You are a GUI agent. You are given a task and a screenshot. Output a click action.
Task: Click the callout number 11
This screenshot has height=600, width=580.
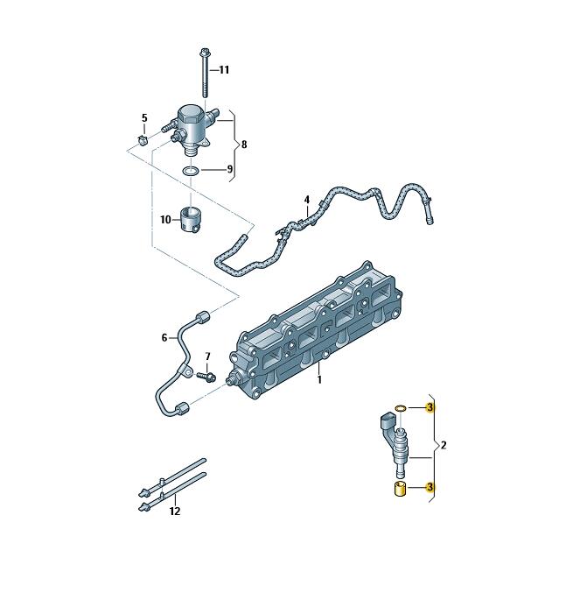click(x=224, y=70)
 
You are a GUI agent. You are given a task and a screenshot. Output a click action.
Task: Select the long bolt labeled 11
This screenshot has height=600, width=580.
click(x=204, y=73)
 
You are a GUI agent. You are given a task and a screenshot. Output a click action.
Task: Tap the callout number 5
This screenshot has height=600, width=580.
click(x=144, y=118)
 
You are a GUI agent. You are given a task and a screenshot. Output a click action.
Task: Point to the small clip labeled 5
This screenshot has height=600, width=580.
click(x=143, y=140)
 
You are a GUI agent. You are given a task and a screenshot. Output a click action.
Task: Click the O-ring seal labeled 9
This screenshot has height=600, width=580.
click(x=190, y=171)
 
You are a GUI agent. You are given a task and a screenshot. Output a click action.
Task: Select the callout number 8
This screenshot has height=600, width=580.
click(x=244, y=145)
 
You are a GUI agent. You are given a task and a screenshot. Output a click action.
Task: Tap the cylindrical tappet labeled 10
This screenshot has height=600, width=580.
click(x=191, y=220)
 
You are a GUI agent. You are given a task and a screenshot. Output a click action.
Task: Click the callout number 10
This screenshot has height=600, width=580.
click(x=165, y=220)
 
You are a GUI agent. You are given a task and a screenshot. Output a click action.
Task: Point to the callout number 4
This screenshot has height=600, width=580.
click(x=307, y=200)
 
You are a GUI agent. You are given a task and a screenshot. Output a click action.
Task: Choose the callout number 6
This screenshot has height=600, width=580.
click(x=164, y=337)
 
